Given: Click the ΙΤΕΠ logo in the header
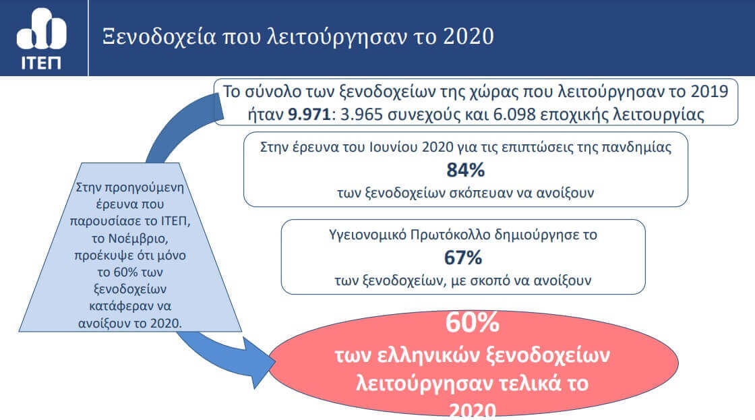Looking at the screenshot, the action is point(41,38).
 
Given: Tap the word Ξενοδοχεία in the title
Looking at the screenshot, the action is point(159,37).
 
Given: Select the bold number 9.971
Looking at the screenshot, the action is point(309,115).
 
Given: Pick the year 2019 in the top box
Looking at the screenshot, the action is point(709,92).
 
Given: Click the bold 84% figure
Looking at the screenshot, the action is point(466,170).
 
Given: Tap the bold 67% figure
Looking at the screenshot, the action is point(463,258).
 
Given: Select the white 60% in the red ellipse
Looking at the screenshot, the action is point(473,323).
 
